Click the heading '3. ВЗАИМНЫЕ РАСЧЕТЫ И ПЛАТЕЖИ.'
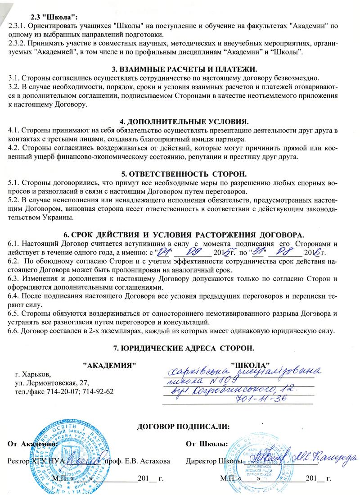tap(184, 69)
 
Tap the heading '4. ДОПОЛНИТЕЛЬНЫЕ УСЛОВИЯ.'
tap(184, 122)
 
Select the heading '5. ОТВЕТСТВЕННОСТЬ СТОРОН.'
tap(184, 174)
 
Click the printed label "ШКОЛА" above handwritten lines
tap(250, 364)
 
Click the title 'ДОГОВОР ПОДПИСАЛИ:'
tap(184, 426)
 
